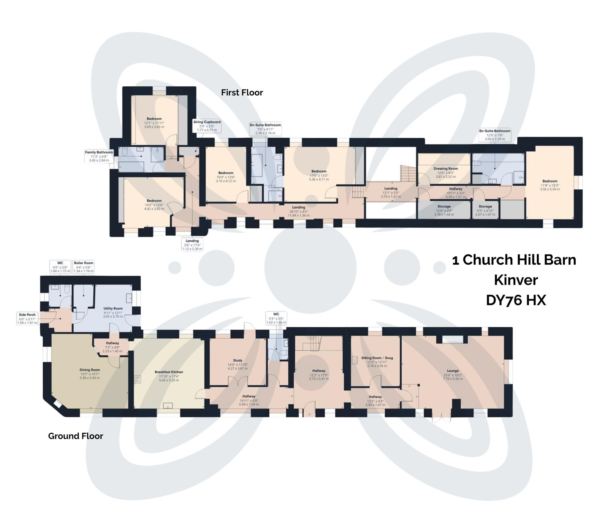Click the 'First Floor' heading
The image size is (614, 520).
pyautogui.click(x=242, y=93)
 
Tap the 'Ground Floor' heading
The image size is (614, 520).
pyautogui.click(x=76, y=436)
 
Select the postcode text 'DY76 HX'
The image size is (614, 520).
pyautogui.click(x=516, y=300)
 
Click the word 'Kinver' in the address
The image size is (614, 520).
pyautogui.click(x=516, y=280)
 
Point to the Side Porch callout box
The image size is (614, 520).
pyautogui.click(x=27, y=319)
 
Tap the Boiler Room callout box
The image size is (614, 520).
pyautogui.click(x=84, y=267)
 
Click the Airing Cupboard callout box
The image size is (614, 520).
pyautogui.click(x=207, y=126)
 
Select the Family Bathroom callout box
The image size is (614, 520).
pyautogui.click(x=99, y=156)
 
